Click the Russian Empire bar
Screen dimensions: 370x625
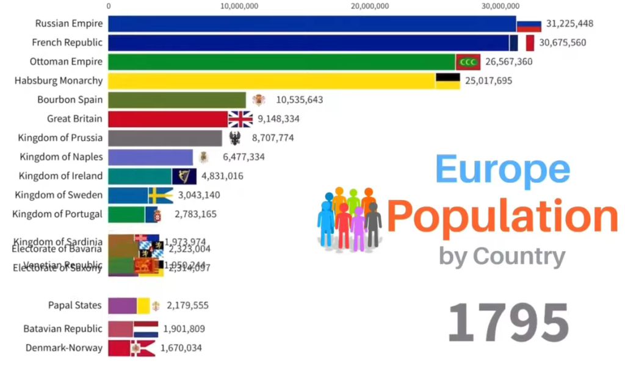(311, 24)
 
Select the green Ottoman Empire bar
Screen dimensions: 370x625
(281, 62)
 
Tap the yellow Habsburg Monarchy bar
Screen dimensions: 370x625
(272, 81)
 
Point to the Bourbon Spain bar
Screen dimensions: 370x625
(177, 100)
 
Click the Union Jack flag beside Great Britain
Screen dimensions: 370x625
(240, 119)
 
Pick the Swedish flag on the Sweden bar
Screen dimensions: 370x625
(161, 195)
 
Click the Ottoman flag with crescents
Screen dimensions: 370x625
(468, 62)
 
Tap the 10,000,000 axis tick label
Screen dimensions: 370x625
(238, 7)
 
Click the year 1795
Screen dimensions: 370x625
(508, 323)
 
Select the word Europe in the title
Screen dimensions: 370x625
(503, 170)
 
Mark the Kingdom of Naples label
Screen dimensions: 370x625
(61, 157)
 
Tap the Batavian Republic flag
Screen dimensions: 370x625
(145, 329)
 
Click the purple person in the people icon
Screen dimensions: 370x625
(358, 228)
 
